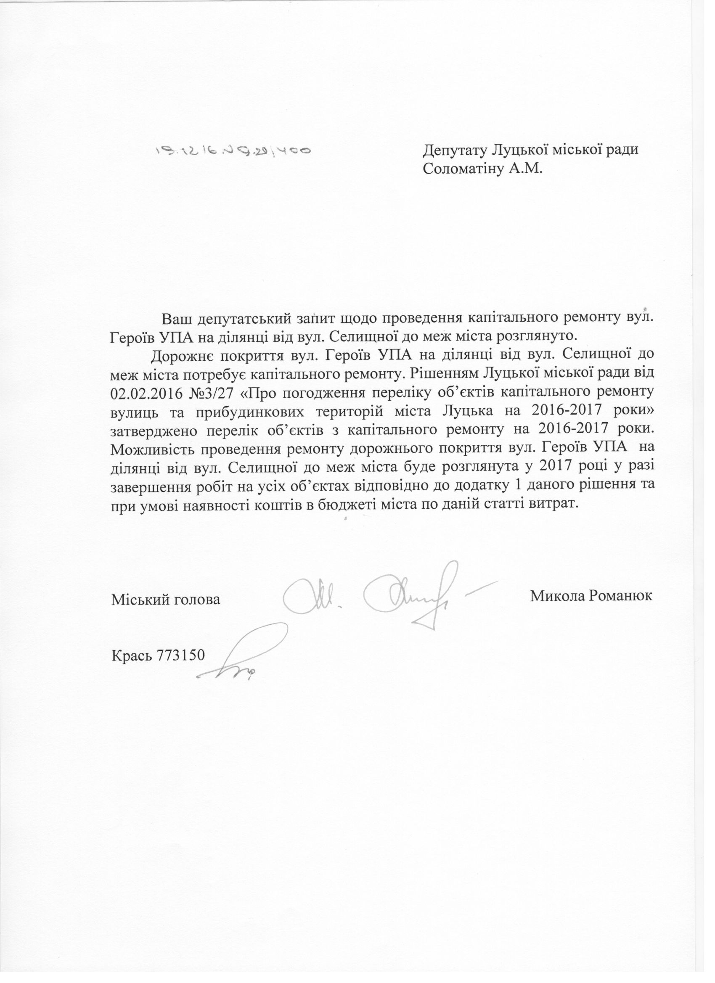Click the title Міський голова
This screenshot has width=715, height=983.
pos(166,600)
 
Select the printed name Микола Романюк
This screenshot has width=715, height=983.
pos(591,595)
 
